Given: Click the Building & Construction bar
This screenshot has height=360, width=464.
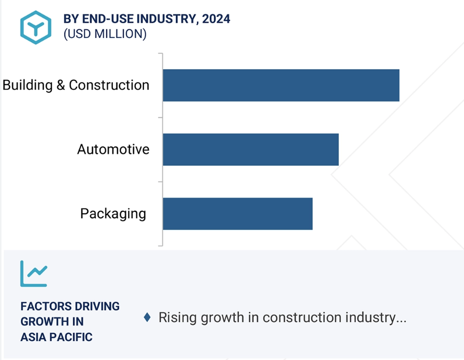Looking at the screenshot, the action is point(281,85).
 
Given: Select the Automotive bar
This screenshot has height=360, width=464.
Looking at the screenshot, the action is point(251,150).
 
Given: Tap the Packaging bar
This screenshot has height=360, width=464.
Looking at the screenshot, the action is point(237,214).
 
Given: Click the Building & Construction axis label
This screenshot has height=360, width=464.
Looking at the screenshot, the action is point(76,85).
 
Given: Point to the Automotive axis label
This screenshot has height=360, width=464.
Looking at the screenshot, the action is point(113,149).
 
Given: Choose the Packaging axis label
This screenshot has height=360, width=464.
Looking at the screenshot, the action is point(113,214).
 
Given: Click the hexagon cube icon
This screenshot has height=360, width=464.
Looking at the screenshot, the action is point(36,28).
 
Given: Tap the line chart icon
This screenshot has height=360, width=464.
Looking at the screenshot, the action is point(34,273).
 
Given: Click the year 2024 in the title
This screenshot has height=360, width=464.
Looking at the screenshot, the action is point(216,19).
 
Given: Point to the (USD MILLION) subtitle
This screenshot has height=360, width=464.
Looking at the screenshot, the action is point(105,34).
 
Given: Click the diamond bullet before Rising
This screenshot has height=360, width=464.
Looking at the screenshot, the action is point(147,317).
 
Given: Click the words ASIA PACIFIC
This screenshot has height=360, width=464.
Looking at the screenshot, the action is point(56,337).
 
